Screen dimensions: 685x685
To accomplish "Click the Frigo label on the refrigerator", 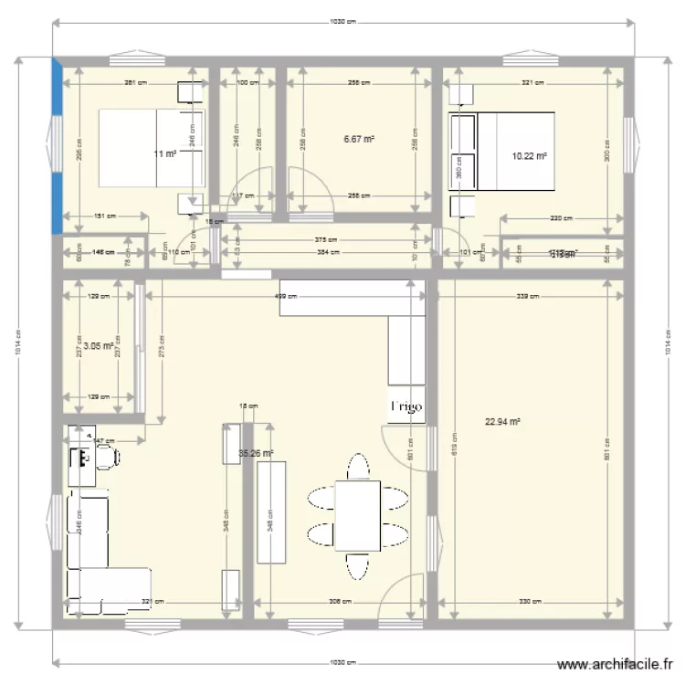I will coord(406,407).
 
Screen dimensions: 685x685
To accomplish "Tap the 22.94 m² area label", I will coord(502,422).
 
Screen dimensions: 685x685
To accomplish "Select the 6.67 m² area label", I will coord(359,139).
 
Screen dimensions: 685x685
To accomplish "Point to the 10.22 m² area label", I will coord(530,156).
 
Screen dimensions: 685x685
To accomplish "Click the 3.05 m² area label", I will coord(98,346).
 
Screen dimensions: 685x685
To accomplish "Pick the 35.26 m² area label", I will coord(256,453).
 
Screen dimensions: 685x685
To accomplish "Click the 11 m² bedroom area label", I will coord(165,154).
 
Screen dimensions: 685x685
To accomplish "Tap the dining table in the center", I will coord(357,514).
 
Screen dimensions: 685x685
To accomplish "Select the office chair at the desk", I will coord(107,457).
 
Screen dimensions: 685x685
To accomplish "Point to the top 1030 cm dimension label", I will coord(342,21).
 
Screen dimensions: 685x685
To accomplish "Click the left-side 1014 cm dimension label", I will coord(18,343).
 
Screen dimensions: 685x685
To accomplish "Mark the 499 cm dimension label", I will coord(286,296).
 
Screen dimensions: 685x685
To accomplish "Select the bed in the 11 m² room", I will coord(151,148).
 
